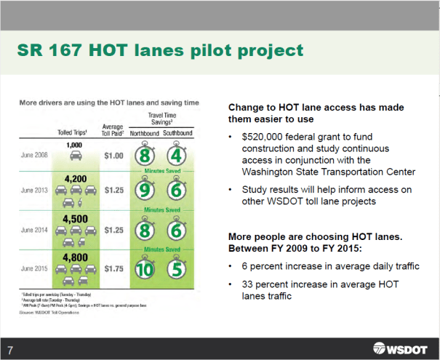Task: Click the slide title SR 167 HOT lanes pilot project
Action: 160,51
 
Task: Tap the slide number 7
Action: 10,345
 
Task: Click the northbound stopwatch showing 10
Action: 144,268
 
